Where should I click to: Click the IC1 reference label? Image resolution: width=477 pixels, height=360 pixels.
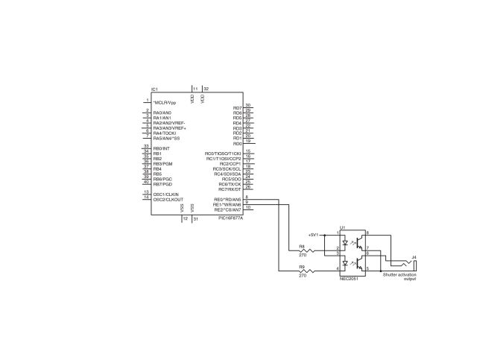tap(155, 89)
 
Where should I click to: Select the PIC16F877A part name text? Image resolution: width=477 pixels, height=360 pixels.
tap(230, 218)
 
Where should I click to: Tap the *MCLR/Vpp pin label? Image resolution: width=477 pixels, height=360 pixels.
tap(165, 102)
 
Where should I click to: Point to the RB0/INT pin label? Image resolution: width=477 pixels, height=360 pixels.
tap(161, 148)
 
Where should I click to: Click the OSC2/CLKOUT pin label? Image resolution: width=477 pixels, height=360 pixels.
tap(168, 200)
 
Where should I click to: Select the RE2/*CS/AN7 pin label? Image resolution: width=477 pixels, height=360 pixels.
tap(227, 210)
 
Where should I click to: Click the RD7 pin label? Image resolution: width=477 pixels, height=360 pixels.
tap(237, 107)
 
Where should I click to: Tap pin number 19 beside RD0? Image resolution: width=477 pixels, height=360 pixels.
tap(247, 141)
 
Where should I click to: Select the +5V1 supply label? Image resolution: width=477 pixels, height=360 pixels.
tap(313, 234)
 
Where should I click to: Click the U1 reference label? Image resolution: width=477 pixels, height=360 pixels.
tap(342, 227)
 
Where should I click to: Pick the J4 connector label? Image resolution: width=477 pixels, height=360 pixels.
tap(414, 257)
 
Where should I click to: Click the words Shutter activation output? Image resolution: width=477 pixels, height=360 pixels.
tap(399, 277)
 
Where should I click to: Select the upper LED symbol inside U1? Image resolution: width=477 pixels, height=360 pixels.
tap(345, 242)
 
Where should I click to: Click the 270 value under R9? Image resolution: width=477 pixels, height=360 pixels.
tap(303, 276)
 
